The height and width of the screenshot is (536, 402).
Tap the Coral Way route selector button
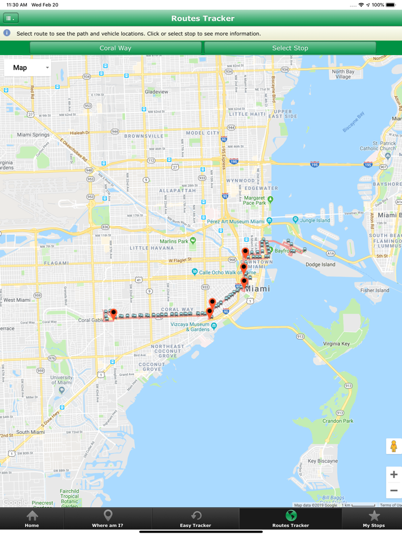115,48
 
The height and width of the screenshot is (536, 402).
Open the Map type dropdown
28,68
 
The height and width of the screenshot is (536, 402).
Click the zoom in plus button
393,475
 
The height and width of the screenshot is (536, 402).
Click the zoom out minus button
393,491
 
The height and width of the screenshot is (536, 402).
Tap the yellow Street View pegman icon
393,446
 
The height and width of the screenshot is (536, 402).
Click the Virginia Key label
336,344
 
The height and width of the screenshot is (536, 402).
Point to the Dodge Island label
320,265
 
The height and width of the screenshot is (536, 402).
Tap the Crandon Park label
337,421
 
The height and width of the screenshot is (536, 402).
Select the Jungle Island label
315,220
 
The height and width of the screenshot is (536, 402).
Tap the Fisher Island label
374,290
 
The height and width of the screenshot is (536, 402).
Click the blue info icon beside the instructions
7,33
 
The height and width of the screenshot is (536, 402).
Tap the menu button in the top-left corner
10,18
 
